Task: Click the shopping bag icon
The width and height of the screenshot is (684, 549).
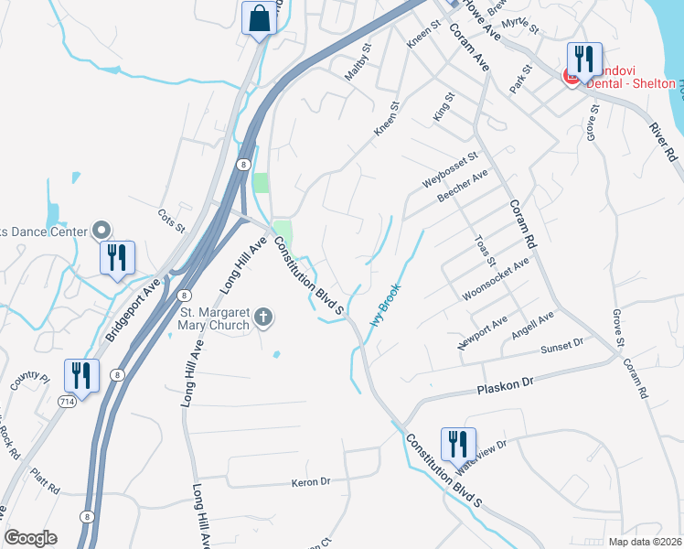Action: (259, 18)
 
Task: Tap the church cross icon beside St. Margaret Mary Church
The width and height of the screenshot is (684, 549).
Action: (263, 318)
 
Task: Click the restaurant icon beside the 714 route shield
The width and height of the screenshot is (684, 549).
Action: (81, 376)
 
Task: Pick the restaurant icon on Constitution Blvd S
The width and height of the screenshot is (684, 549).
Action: (457, 445)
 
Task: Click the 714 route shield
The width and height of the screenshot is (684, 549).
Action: (66, 403)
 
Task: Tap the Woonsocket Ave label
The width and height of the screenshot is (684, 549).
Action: (496, 278)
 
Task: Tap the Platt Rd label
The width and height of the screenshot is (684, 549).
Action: (45, 477)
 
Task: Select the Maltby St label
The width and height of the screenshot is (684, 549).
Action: (358, 63)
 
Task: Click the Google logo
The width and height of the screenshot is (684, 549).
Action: (30, 538)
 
